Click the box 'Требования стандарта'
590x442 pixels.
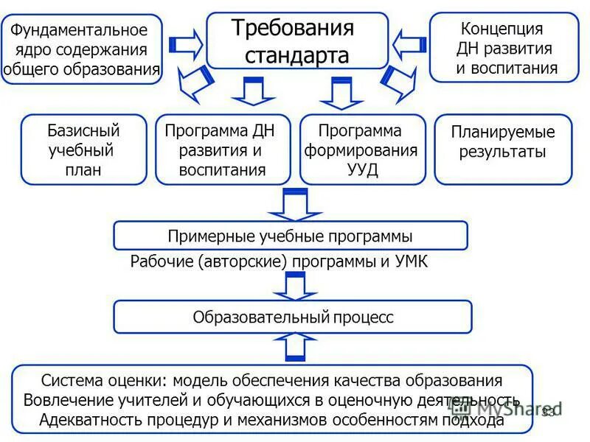click(297, 41)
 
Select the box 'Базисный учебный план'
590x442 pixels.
click(84, 150)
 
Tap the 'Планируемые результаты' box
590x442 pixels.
click(502, 150)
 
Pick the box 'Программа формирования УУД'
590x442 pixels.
click(362, 150)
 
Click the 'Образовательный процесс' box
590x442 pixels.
click(293, 317)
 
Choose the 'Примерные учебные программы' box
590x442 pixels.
click(290, 236)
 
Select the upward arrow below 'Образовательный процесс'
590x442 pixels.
click(294, 347)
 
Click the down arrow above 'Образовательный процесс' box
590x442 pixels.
click(294, 286)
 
